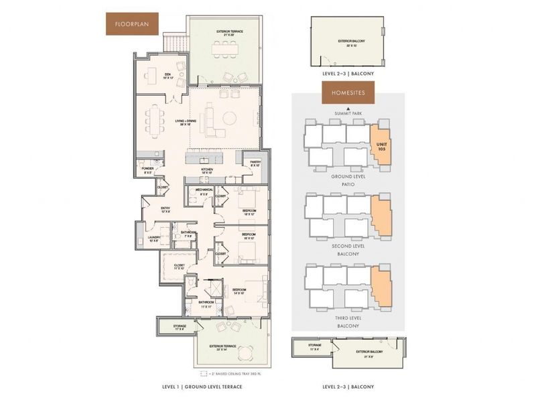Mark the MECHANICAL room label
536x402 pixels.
click(204, 191)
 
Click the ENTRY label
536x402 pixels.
click(165, 210)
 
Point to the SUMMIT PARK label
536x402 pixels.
click(347, 115)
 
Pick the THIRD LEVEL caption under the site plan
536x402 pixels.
click(347, 318)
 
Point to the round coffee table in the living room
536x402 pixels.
click(230, 119)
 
